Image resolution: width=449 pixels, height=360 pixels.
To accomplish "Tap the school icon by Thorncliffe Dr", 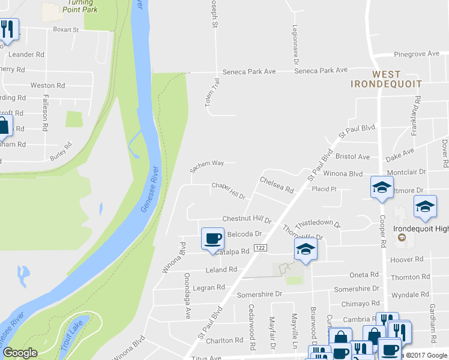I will tap(305, 250).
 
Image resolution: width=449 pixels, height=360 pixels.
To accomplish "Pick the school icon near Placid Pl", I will tap(381, 187).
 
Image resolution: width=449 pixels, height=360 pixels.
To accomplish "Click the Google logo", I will tap(20, 353).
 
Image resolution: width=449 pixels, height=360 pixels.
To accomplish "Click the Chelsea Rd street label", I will tap(276, 185).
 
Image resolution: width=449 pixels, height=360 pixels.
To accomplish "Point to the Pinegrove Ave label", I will tap(417, 54).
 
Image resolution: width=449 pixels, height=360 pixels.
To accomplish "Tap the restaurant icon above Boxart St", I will tap(7, 28).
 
